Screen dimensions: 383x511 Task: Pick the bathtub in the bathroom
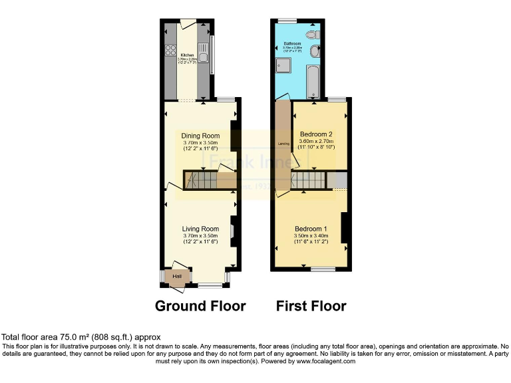coord(313,82)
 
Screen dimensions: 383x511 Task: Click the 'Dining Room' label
coord(200,136)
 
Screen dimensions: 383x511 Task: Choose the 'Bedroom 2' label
coord(316,133)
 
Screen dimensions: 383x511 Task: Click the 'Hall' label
coord(177,277)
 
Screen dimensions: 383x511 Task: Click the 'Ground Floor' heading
coord(200,306)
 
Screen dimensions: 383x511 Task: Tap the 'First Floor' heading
coord(311,306)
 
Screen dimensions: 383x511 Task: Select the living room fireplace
coord(233,229)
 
